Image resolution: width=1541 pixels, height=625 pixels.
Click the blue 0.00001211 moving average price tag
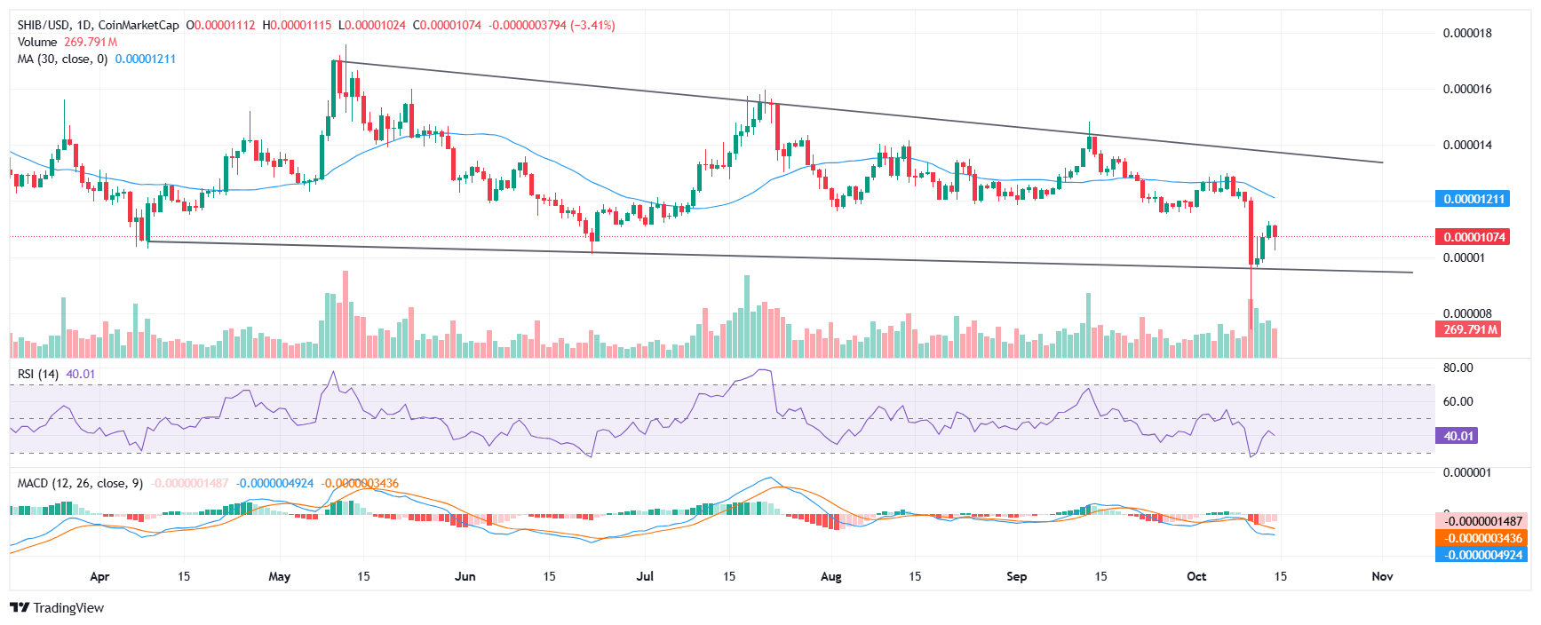(x=1472, y=199)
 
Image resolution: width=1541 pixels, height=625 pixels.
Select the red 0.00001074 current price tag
(x=1472, y=237)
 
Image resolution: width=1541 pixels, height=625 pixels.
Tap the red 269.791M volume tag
(x=1468, y=329)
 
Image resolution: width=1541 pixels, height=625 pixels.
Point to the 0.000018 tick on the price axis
(x=1466, y=34)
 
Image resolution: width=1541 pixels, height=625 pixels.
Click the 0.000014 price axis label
(x=1466, y=145)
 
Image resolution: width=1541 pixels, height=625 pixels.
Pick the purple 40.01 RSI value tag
(x=1458, y=436)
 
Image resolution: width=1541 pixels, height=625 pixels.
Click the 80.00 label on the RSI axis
(x=1458, y=368)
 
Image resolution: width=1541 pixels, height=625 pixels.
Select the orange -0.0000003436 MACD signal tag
(x=1481, y=538)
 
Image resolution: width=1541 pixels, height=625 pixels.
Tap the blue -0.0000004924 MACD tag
(x=1481, y=555)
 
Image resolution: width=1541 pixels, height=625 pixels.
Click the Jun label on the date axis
(x=465, y=576)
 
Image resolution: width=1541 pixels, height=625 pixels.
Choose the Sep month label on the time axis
(x=1016, y=576)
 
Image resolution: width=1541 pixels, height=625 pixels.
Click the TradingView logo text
(x=68, y=608)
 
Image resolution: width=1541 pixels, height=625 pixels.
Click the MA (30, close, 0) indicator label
(x=62, y=59)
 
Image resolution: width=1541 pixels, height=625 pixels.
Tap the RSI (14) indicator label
(x=38, y=374)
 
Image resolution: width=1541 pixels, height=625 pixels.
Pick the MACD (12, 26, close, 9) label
(x=80, y=483)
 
